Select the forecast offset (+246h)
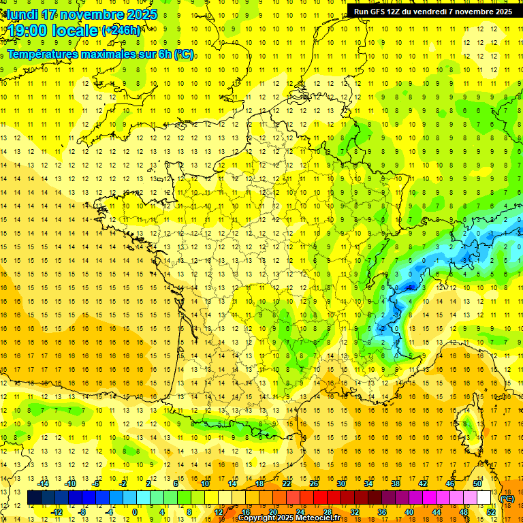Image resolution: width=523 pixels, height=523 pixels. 121,31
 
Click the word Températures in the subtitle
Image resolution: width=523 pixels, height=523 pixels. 42,54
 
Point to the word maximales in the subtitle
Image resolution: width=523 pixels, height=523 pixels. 108,54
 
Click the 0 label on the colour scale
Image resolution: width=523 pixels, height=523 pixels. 135,512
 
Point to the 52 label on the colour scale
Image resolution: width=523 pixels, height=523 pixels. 490,512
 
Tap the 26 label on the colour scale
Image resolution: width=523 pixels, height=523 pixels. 314,484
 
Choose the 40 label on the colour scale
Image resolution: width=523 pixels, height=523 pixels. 409,512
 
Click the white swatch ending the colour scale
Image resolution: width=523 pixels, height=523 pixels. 484,498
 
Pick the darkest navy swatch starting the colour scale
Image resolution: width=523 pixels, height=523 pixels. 34,498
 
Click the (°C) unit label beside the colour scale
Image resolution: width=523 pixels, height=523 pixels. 507,498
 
